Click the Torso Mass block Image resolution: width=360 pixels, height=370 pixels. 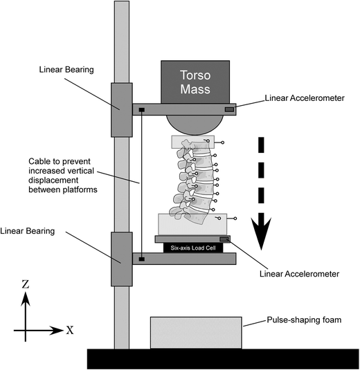[195, 82]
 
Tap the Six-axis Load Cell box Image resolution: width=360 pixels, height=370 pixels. [193, 248]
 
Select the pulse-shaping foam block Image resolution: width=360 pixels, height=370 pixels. [196, 333]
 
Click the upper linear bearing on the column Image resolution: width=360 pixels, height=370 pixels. [122, 110]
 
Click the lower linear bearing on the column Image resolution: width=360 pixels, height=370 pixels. [122, 259]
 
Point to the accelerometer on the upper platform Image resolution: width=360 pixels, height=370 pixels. [229, 109]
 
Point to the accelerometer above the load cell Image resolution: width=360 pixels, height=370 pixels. [224, 239]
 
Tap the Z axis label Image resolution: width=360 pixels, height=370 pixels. [26, 284]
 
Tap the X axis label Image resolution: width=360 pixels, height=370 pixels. [70, 330]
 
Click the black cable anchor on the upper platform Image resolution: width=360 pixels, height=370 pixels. [141, 110]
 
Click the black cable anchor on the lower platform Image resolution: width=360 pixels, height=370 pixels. [141, 259]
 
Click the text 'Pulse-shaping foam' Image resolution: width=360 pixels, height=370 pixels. [304, 320]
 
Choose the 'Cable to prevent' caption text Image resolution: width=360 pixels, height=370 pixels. [60, 161]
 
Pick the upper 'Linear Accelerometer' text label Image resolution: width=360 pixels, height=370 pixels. [305, 98]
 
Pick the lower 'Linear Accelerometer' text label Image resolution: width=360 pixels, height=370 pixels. [299, 274]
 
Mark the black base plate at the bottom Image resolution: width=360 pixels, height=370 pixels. [223, 359]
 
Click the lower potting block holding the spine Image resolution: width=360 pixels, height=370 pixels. [192, 224]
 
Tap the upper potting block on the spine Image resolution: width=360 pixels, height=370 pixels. [193, 142]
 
